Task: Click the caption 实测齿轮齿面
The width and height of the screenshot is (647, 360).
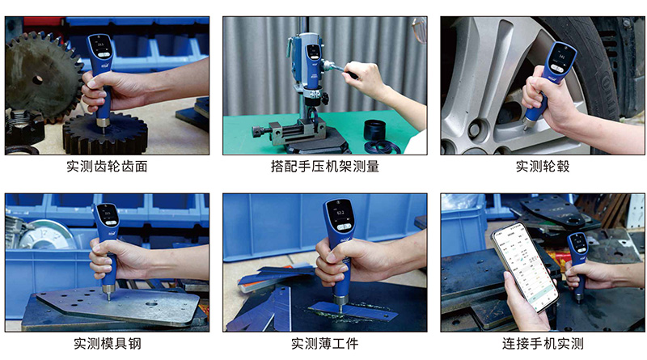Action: point(107,167)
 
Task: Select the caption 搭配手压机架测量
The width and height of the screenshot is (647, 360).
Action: point(325,167)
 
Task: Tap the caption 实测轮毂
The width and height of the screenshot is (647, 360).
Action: point(543,167)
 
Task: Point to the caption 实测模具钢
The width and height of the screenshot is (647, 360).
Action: point(108,343)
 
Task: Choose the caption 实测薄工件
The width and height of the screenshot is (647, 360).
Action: point(325,343)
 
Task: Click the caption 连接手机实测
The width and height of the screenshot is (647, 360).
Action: point(543,343)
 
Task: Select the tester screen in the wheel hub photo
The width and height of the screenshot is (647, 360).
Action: point(561,57)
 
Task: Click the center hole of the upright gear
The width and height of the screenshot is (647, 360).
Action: point(37,79)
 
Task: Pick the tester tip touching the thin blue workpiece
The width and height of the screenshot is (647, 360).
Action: point(340,307)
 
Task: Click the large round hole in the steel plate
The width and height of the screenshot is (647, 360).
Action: point(151,304)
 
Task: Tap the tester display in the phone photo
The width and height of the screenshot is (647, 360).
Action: point(577,243)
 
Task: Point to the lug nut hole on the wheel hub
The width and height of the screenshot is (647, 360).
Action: point(474,130)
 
